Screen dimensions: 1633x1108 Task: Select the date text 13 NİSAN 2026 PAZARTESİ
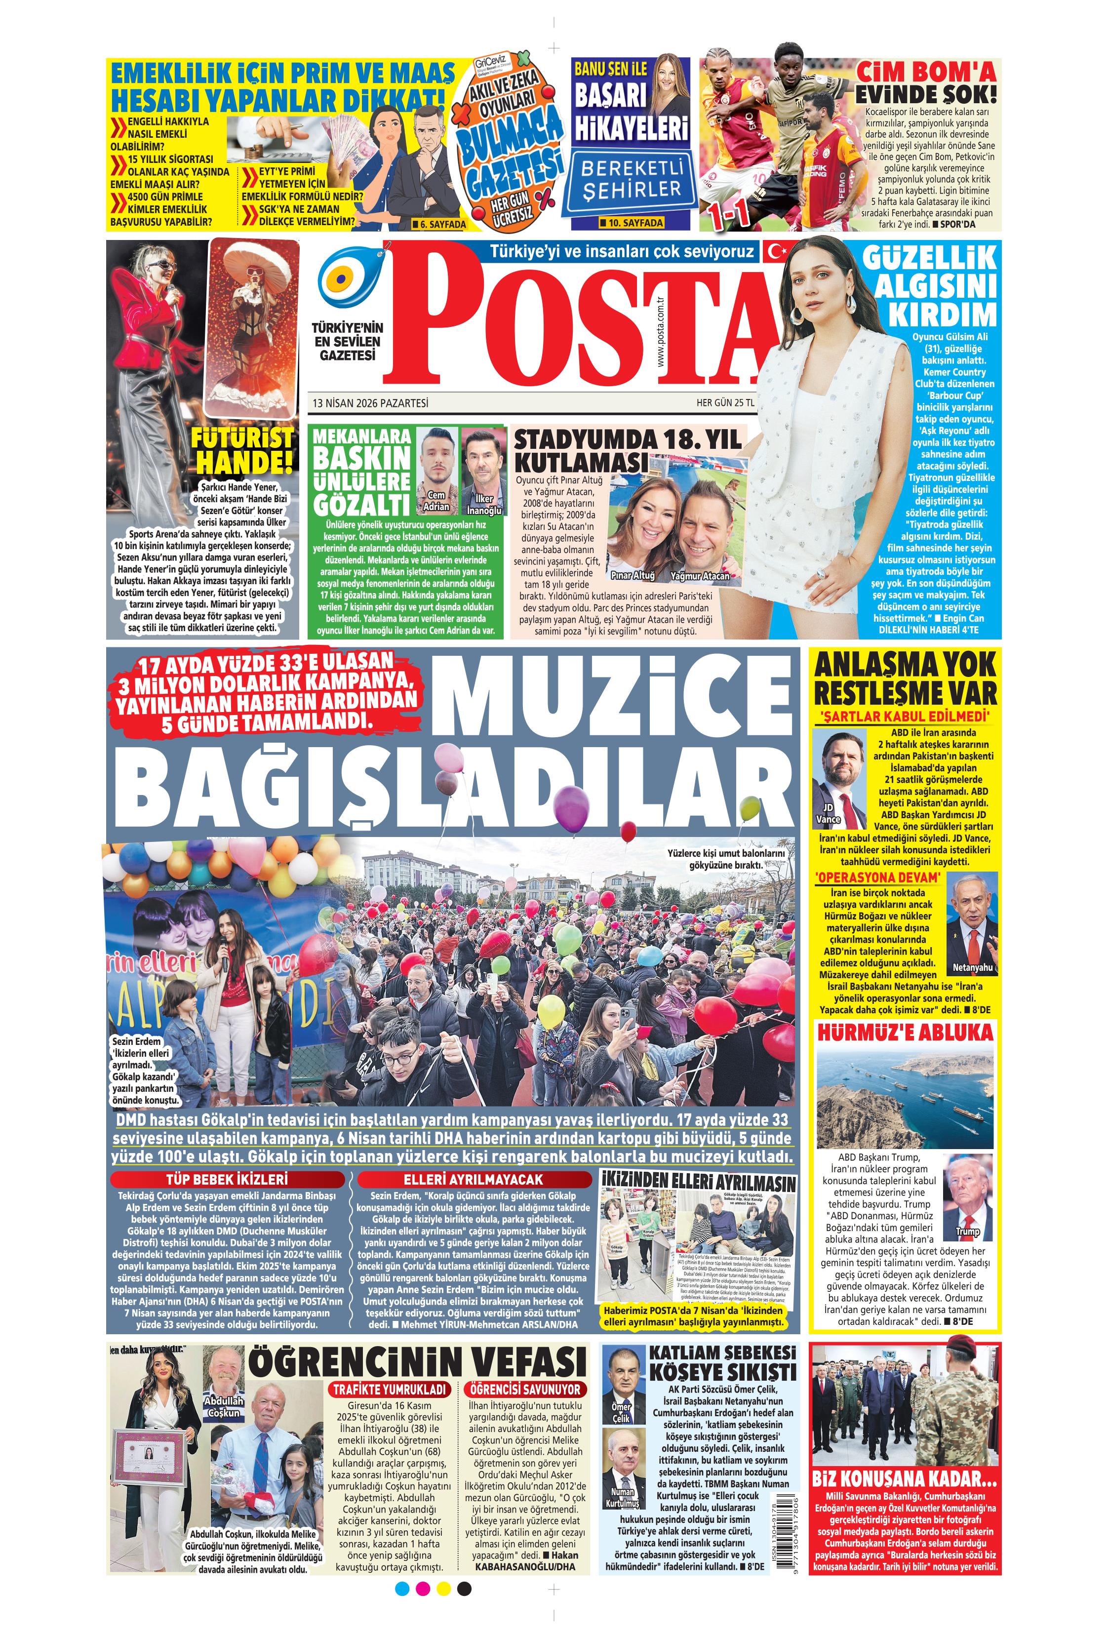[x=370, y=403]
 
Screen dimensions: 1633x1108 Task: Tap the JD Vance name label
[x=829, y=814]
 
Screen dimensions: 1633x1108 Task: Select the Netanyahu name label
[x=972, y=967]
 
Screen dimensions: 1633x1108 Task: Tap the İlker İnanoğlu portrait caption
[x=484, y=505]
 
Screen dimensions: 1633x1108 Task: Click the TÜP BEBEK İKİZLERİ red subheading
[x=227, y=1179]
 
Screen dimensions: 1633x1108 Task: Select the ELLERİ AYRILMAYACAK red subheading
[x=473, y=1179]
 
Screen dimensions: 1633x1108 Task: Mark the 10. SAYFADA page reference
[x=631, y=223]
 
